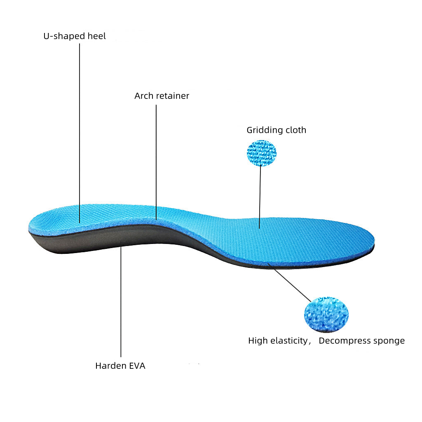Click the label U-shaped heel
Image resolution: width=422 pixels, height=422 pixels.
tap(75, 36)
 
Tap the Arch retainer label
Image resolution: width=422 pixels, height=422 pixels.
tap(162, 96)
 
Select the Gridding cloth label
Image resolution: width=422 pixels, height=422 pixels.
tap(277, 130)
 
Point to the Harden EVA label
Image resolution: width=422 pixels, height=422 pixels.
tap(120, 366)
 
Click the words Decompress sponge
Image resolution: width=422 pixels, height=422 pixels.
tap(362, 341)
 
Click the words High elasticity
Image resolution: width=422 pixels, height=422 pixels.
tap(278, 341)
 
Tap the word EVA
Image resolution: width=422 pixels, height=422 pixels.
tap(137, 366)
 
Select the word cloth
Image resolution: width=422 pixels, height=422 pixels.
tap(296, 130)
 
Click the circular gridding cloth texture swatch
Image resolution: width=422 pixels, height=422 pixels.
tap(262, 153)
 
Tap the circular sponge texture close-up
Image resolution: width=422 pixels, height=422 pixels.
tap(326, 314)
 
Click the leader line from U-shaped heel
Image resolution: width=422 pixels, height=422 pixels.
tap(80, 133)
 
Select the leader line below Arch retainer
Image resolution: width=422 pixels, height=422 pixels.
tap(156, 162)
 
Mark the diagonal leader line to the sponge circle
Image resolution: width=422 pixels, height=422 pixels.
tap(289, 283)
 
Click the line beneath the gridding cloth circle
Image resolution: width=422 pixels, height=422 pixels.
tap(260, 197)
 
